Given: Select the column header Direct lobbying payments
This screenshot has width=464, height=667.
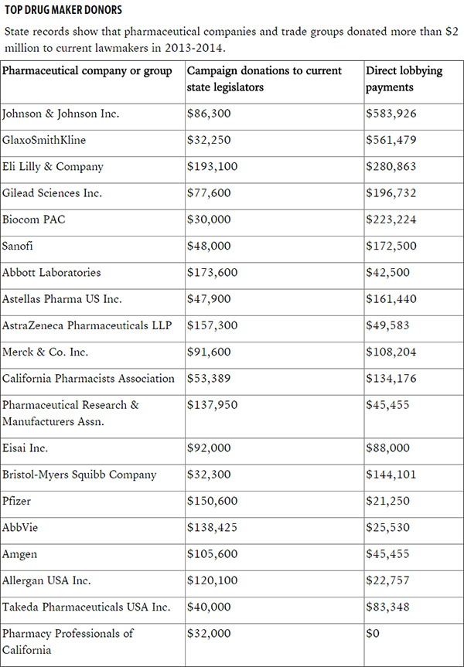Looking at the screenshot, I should tap(404, 79).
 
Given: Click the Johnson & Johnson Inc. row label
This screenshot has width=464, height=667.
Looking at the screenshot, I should tap(61, 114).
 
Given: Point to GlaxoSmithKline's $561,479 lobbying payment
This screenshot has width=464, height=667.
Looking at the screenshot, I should tap(391, 141).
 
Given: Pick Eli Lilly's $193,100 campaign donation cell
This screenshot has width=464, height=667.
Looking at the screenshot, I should tap(213, 167).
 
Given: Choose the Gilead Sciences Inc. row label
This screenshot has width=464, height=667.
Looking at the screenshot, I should tap(53, 193).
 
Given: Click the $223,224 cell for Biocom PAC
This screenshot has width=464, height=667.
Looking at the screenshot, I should tap(391, 219).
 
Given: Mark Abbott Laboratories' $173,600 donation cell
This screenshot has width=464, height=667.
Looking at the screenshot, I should tap(213, 272).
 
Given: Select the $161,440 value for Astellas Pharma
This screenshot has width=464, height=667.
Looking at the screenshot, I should tap(391, 299).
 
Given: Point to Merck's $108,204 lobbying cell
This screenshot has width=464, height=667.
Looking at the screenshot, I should tap(391, 352).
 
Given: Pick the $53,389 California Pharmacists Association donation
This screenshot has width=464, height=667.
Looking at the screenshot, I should tap(209, 378).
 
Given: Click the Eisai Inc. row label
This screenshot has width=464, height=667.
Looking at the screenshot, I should tap(26, 448).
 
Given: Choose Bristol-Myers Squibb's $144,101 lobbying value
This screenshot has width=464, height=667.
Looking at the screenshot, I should tap(391, 475).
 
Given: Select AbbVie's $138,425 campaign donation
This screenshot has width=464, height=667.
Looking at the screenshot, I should tap(213, 527).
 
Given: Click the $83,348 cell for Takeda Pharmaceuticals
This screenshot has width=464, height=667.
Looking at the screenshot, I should tap(388, 607).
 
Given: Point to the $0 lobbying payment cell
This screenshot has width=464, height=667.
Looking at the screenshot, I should tap(373, 633).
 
